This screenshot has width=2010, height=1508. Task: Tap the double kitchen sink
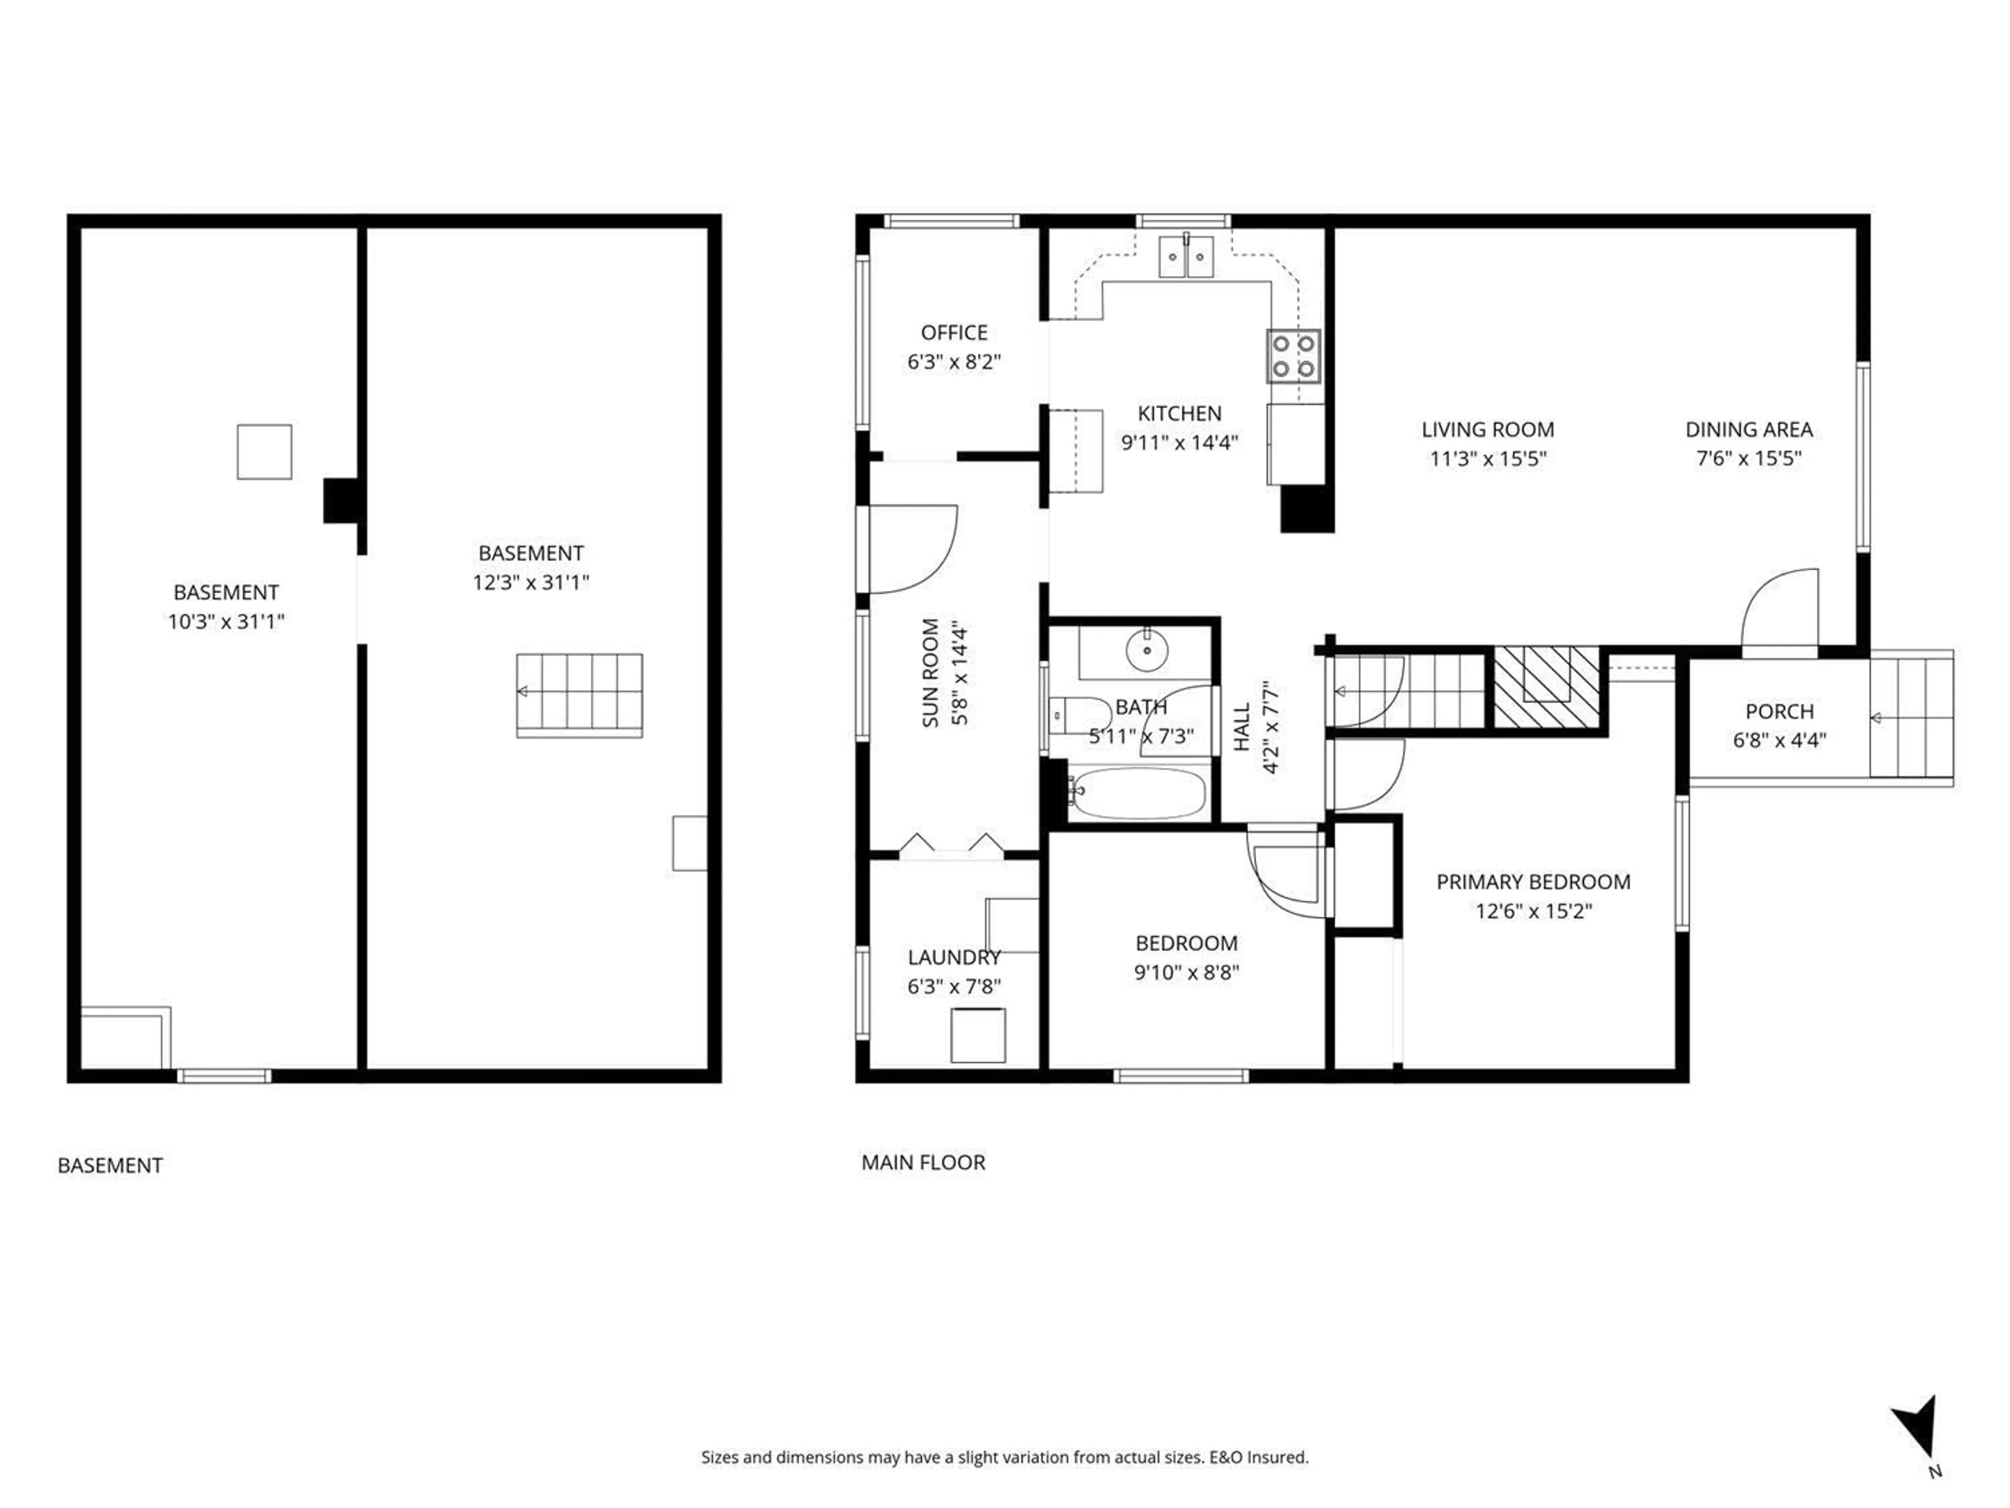point(1187,257)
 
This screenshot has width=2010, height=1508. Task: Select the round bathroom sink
point(1148,650)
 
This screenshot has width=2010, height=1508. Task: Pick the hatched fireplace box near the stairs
point(1547,686)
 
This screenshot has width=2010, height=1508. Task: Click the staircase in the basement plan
point(579,695)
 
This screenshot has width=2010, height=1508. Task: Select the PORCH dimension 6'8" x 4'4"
point(1778,740)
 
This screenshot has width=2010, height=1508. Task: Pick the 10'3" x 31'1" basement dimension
point(226,622)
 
